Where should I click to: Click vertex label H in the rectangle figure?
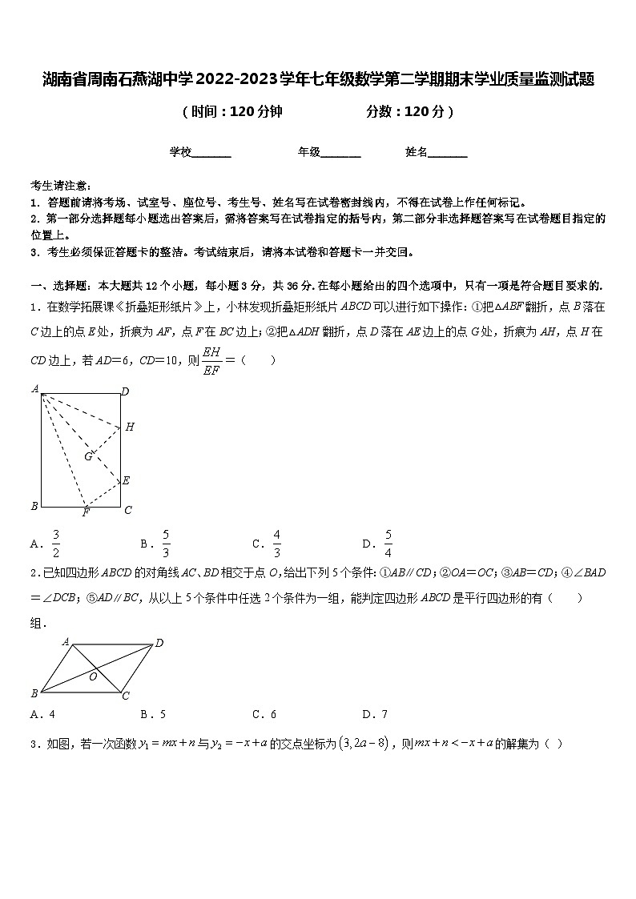(x=130, y=427)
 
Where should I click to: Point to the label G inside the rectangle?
(x=88, y=456)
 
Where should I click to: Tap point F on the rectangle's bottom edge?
(x=86, y=512)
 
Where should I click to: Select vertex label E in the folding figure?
(x=126, y=480)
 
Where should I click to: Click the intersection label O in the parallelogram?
(x=93, y=676)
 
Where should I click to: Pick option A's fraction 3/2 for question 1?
(x=56, y=544)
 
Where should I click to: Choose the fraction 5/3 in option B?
(x=166, y=544)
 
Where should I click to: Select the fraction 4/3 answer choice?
(x=276, y=544)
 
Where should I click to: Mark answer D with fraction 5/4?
(x=388, y=544)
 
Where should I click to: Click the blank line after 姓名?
(x=448, y=152)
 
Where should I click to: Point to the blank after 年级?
(x=340, y=152)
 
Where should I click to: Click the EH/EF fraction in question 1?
(x=211, y=360)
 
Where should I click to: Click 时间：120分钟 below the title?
(x=232, y=112)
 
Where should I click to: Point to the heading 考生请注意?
(x=60, y=185)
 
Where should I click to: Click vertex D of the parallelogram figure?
(x=159, y=643)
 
